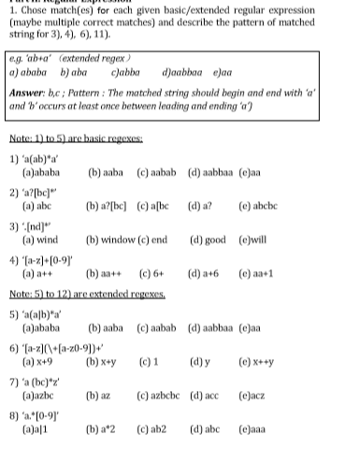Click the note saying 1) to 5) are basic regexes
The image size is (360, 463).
click(75, 138)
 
